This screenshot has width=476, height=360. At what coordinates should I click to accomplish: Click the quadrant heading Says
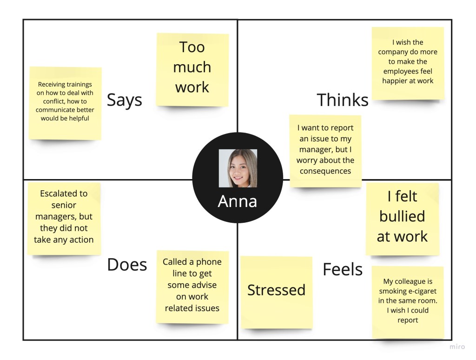124,100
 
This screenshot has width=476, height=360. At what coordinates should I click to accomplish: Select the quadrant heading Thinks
342,100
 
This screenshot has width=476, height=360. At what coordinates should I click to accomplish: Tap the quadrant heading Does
127,265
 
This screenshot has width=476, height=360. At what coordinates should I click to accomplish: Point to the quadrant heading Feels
343,269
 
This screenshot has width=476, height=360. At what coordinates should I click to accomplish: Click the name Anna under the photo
237,201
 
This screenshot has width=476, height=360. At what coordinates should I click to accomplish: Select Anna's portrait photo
238,168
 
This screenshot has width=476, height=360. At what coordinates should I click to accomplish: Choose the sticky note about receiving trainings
65,103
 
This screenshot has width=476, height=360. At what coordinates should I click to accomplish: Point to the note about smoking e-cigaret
408,302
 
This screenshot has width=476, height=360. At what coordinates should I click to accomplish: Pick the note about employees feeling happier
408,63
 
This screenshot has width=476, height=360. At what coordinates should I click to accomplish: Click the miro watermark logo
457,347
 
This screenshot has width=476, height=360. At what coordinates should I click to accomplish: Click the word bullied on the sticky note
402,216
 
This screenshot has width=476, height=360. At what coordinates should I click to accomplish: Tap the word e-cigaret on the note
421,291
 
